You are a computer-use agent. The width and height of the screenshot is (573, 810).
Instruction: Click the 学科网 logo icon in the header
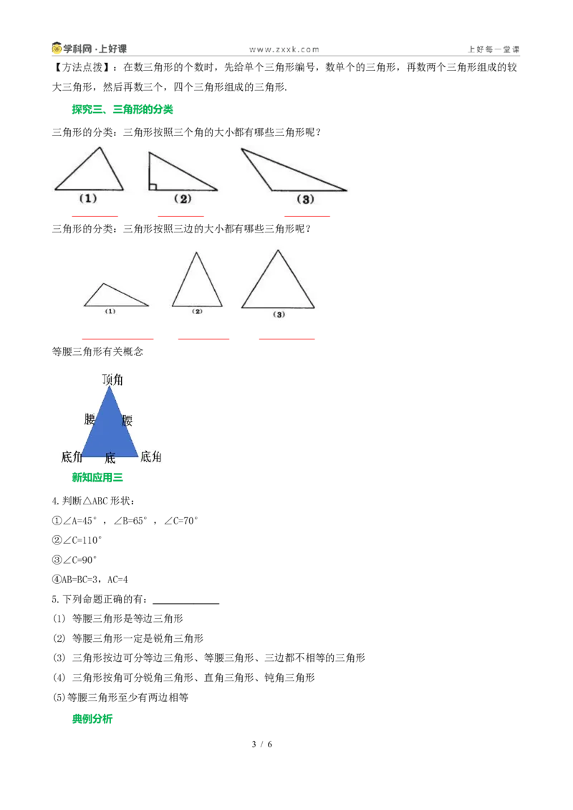pos(57,49)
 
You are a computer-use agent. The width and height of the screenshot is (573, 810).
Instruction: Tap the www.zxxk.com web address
pos(284,49)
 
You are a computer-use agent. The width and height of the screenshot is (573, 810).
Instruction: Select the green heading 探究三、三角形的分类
pos(122,109)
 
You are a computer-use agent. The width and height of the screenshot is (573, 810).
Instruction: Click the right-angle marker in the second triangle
pos(153,187)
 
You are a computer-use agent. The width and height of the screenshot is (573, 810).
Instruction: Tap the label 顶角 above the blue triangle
pos(112,380)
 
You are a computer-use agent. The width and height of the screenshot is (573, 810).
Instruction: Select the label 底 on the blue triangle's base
pos(110,458)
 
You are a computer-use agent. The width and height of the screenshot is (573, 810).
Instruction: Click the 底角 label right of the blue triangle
pos(151,457)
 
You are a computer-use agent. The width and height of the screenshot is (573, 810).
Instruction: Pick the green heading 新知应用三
pos(97,477)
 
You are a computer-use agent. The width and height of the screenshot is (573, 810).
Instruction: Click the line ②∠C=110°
pos(77,540)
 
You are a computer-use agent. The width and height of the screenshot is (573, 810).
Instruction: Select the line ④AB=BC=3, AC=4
pos(90,580)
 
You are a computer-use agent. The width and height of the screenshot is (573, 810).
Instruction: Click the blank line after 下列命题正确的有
pos(186,603)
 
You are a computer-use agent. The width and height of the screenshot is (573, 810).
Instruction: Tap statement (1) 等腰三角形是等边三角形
pos(117,619)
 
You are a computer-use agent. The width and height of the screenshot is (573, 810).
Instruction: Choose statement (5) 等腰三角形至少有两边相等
pos(120,698)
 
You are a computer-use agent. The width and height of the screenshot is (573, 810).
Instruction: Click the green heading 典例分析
pos(92,719)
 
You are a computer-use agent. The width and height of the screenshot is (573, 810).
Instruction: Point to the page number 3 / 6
pos(261,744)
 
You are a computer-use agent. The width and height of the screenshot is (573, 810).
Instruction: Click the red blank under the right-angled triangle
pos(180,216)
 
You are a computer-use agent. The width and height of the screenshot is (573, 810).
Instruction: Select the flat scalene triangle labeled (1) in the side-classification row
pos(116,295)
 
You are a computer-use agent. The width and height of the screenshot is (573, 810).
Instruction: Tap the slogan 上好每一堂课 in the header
pos(494,49)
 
